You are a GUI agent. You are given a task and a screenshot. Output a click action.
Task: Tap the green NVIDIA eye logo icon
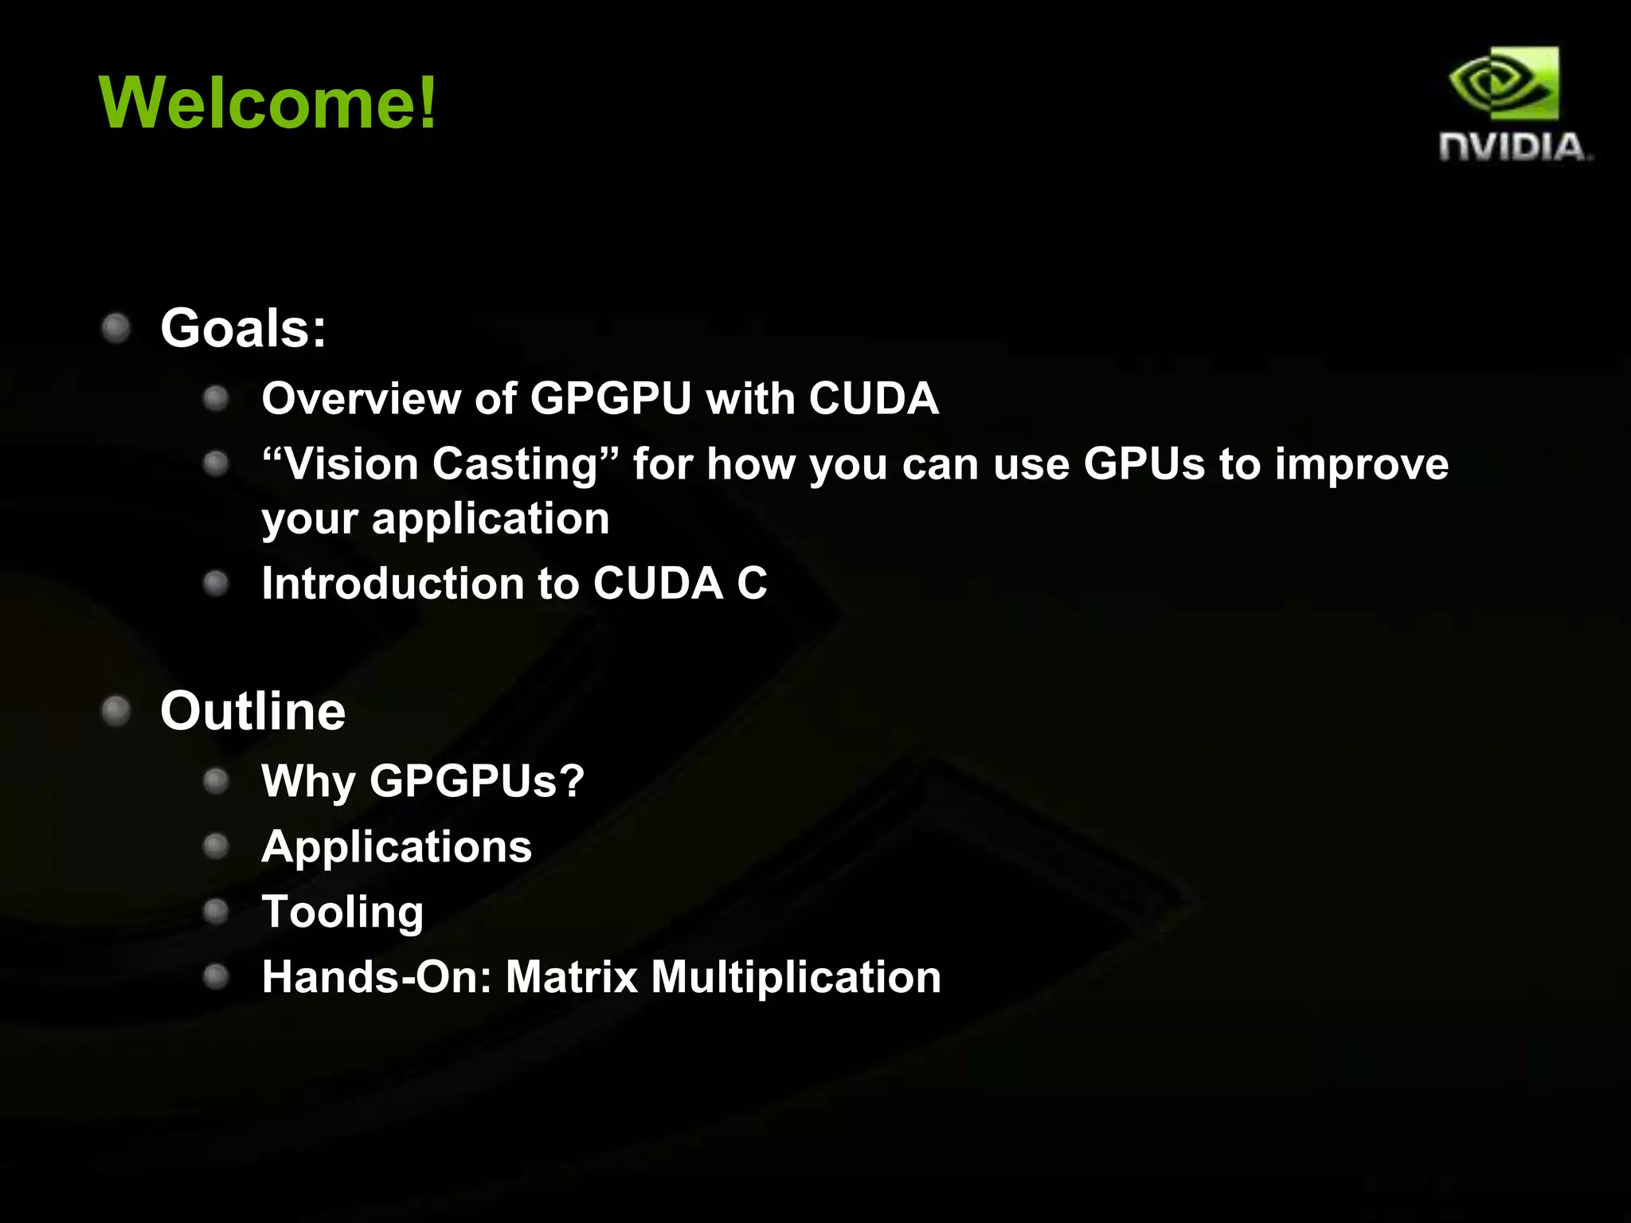tap(1504, 84)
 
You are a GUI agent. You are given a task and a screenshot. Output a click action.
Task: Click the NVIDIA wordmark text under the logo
tap(1513, 147)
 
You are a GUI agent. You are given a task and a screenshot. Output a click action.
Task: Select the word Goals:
tap(243, 328)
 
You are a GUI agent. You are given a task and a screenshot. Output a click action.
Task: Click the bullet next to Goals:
tap(116, 328)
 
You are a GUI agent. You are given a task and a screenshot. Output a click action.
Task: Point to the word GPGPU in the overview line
tap(611, 398)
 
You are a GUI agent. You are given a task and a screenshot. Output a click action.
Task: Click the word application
tap(491, 519)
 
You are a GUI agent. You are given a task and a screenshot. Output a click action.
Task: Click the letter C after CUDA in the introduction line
tap(752, 584)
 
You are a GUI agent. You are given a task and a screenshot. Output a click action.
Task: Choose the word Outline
tap(253, 711)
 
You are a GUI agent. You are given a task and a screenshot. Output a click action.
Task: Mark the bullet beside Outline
tap(116, 711)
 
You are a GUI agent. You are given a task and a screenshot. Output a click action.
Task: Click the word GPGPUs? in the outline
tap(477, 781)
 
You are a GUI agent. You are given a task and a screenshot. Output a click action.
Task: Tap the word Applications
tap(397, 846)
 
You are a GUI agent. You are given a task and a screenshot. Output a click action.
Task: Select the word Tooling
tap(342, 912)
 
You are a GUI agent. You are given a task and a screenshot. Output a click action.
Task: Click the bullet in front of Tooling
tap(216, 912)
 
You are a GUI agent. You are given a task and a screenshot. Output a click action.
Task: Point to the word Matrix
tap(572, 977)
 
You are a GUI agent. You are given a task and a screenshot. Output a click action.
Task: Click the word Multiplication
tap(796, 977)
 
